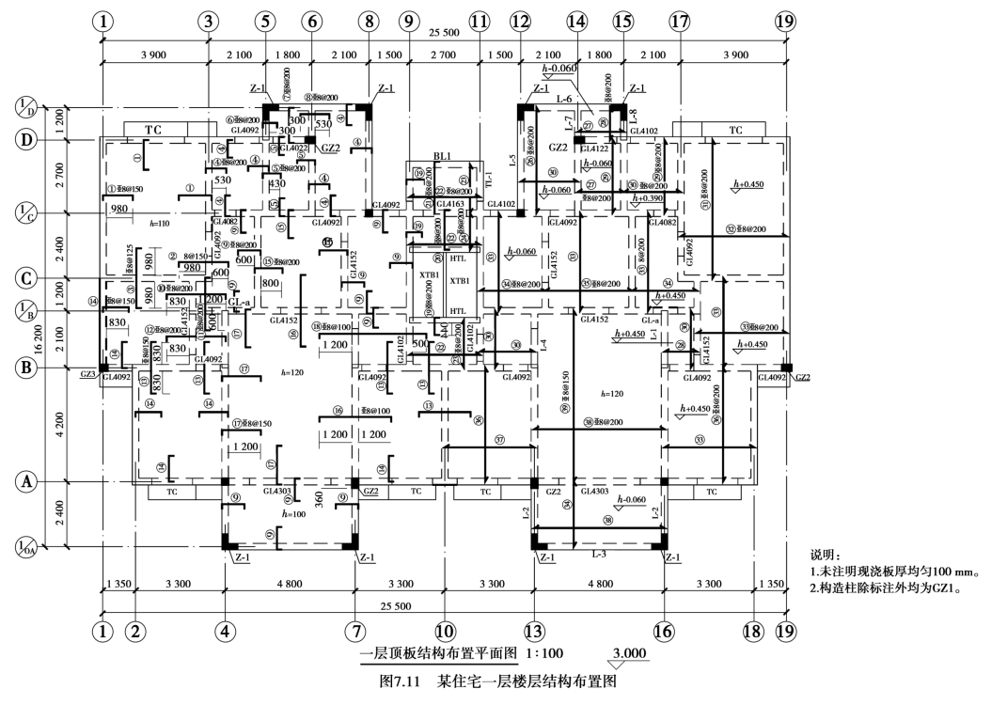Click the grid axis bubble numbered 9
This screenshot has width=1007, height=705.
(406, 21)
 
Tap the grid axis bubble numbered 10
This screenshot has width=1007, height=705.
(443, 632)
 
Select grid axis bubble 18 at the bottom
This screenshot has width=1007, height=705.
(753, 632)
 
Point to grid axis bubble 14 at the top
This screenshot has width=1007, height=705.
(577, 21)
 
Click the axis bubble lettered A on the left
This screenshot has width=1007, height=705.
(26, 482)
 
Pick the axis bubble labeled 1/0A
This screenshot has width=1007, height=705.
(26, 546)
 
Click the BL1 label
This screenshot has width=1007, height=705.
(443, 156)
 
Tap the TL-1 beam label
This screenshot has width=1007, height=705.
(487, 178)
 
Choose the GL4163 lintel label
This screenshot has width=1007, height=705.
(449, 204)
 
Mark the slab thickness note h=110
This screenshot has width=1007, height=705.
(157, 224)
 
